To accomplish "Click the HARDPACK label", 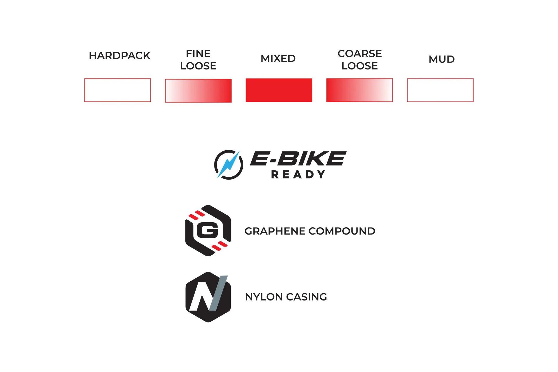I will click(119, 56).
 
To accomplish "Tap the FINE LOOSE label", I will click(198, 60).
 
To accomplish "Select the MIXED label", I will click(278, 58).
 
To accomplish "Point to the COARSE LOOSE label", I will click(360, 60).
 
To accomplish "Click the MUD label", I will click(441, 59).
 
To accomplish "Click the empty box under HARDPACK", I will click(118, 90).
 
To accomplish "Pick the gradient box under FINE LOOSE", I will click(198, 91).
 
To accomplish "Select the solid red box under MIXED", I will click(279, 90).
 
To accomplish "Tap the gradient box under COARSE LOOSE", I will click(360, 90).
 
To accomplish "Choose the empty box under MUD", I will click(440, 90).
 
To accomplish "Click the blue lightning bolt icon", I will click(229, 164).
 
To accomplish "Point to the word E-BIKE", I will click(298, 158).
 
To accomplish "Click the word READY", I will click(298, 174).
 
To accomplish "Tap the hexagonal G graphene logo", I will click(208, 230).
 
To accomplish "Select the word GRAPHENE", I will click(275, 231).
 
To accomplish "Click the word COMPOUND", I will click(342, 231).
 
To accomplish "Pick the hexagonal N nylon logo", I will click(208, 297).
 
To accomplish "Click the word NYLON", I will click(264, 297).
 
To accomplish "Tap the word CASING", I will click(307, 297).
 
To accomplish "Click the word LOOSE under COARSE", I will click(360, 66).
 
